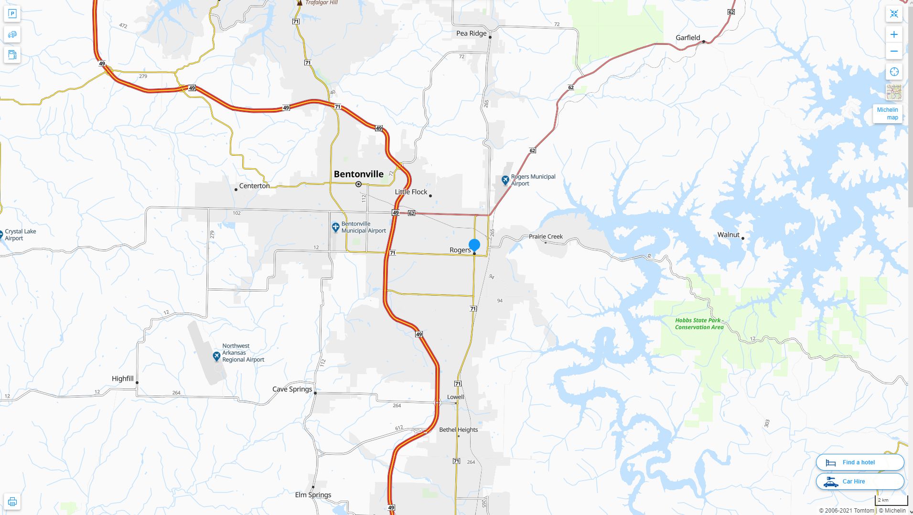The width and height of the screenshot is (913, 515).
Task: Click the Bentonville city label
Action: click(358, 174)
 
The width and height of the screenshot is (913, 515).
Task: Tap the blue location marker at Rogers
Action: click(474, 245)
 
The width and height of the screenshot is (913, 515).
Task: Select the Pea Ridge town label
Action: click(471, 33)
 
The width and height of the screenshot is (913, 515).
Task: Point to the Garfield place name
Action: click(687, 38)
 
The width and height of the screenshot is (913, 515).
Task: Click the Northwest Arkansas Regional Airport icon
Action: click(216, 356)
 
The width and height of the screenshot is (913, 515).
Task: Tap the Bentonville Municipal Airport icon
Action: click(335, 227)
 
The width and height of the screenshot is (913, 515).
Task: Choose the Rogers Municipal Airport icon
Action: click(505, 180)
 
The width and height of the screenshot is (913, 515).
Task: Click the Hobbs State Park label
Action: click(699, 324)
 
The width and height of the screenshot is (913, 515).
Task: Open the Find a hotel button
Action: click(859, 462)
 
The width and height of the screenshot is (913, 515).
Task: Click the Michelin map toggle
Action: click(888, 114)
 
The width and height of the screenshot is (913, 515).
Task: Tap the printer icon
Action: click(12, 502)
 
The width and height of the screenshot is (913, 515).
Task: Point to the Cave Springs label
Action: click(292, 389)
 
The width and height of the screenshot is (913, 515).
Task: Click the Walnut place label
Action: click(728, 235)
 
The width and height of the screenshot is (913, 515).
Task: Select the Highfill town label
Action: click(122, 379)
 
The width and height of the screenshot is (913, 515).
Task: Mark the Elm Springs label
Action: click(313, 495)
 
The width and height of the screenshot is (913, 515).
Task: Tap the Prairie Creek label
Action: click(546, 236)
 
